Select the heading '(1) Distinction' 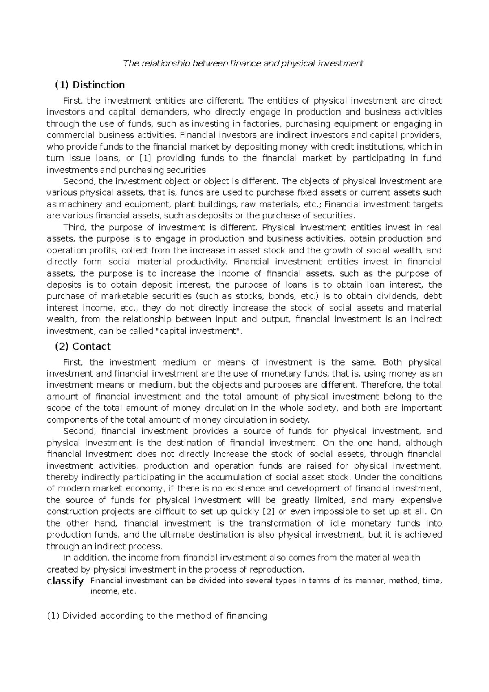click(90, 85)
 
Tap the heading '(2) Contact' click(83, 346)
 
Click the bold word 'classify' click(65, 581)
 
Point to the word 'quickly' click(247, 511)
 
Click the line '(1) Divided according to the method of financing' click(157, 616)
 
